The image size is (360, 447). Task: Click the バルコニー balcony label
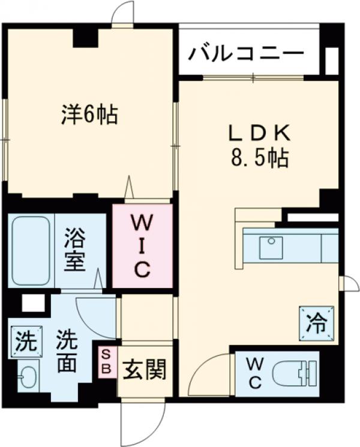pos(246,54)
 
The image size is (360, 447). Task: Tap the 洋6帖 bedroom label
pos(89,114)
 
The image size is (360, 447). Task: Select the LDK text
pos(259,132)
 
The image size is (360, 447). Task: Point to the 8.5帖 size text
pos(259,158)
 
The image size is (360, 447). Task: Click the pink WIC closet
pos(142,247)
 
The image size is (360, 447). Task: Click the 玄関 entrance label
pos(144,371)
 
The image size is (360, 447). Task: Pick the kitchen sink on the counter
pos(271,247)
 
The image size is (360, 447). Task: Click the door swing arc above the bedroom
pos(123,13)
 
